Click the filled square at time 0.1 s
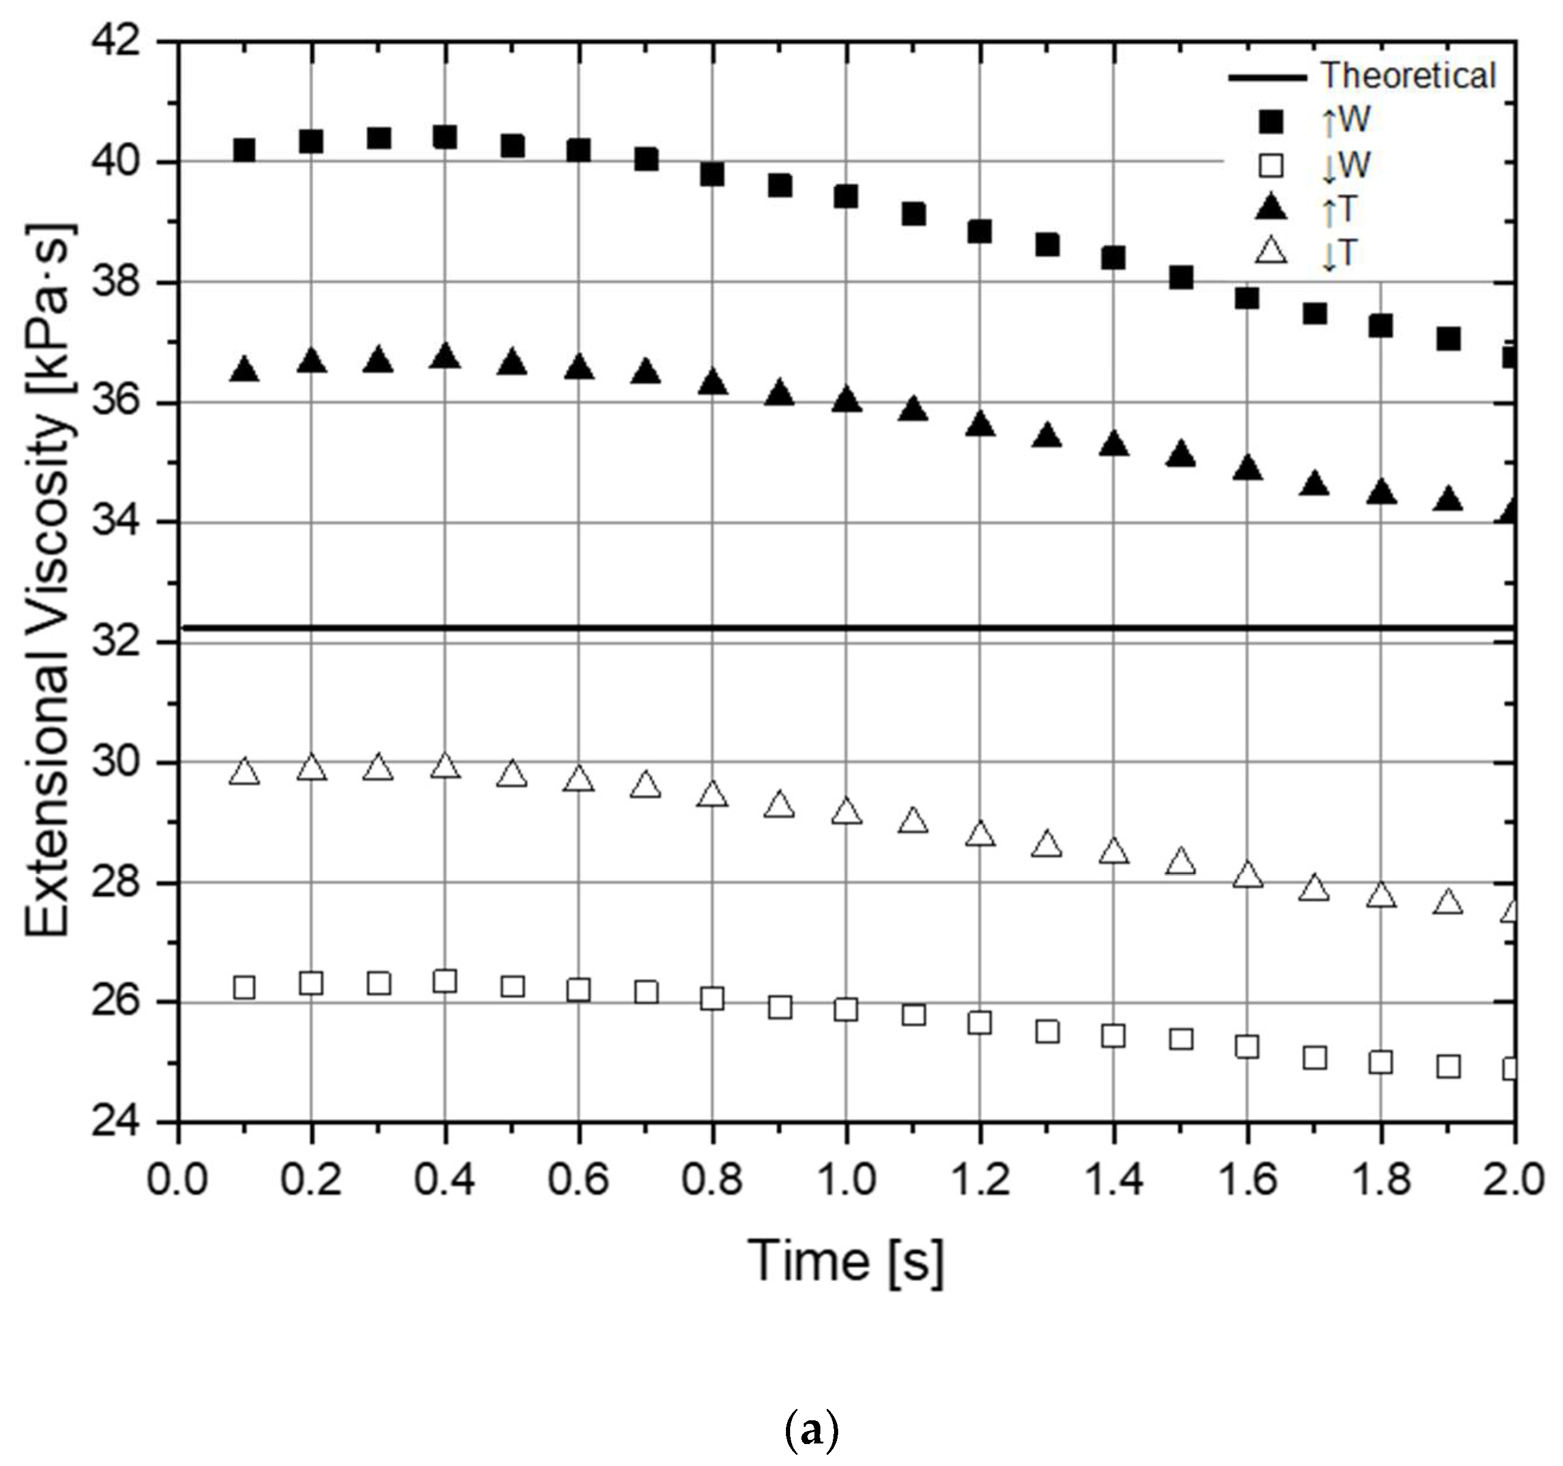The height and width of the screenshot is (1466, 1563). click(245, 150)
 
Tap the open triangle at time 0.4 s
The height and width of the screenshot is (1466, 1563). click(445, 766)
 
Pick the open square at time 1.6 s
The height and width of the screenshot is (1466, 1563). click(1247, 1046)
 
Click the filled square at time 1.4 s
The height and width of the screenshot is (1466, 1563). click(1113, 257)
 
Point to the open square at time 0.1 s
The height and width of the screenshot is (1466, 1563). click(245, 987)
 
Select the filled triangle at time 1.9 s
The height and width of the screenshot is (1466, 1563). click(1448, 500)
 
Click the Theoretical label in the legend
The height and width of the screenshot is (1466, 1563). click(1407, 76)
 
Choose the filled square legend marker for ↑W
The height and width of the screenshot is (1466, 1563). click(1272, 122)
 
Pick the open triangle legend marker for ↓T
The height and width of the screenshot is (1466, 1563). click(1272, 252)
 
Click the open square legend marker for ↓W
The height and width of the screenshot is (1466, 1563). click(1272, 166)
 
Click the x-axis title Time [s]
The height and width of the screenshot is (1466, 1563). click(846, 1262)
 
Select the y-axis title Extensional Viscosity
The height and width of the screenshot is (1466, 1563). click(49, 582)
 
